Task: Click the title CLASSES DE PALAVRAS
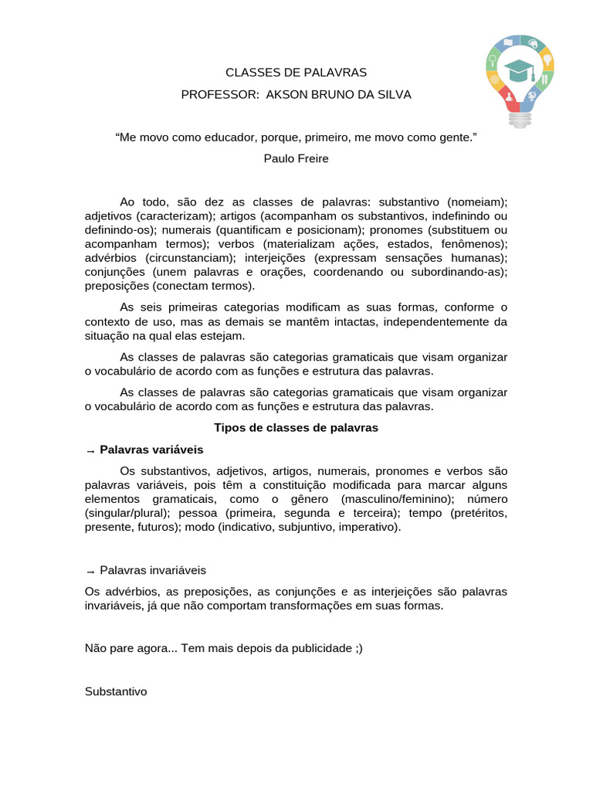(x=296, y=73)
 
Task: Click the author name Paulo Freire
(x=296, y=158)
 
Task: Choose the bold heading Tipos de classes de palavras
(x=296, y=427)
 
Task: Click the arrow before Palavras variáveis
(x=90, y=450)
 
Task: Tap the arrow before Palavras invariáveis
(x=90, y=571)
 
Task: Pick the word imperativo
(x=370, y=527)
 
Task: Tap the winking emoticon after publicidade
(x=357, y=649)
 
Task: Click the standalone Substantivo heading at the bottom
(x=116, y=691)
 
